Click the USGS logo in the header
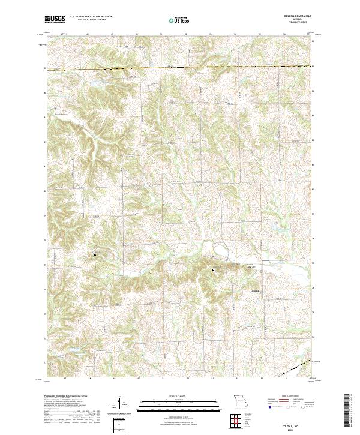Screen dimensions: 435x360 click(x=55, y=19)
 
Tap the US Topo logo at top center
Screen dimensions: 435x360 click(x=178, y=20)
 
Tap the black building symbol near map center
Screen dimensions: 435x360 click(x=173, y=185)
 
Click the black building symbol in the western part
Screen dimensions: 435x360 click(x=95, y=256)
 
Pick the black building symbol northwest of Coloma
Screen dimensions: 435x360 click(x=213, y=270)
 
